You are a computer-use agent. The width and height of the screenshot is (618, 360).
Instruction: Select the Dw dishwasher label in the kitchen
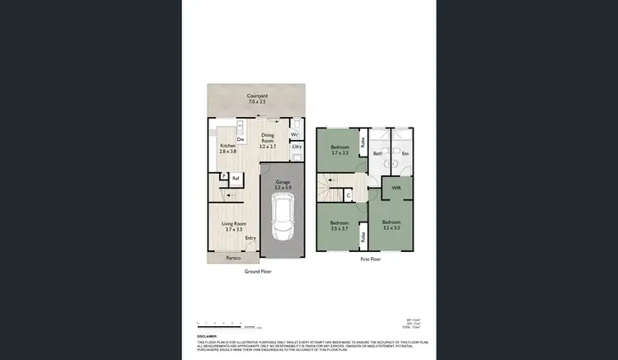240,139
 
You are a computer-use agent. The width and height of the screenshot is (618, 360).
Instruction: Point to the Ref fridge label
235,178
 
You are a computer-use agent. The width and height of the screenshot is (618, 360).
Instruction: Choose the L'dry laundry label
296,147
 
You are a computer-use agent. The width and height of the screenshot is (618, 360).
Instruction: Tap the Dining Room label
268,140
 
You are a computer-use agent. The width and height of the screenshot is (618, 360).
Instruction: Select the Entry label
250,239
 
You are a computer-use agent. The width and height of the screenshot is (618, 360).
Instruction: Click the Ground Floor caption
258,272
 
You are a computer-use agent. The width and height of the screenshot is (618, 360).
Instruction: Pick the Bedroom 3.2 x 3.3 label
391,224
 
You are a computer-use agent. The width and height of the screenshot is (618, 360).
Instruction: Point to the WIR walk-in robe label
396,188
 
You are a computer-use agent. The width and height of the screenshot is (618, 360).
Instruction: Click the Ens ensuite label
405,153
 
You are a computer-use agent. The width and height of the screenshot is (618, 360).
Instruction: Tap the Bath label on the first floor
378,153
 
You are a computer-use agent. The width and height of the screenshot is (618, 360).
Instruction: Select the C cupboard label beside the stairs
349,194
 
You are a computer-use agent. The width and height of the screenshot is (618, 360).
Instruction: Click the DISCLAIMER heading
207,336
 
